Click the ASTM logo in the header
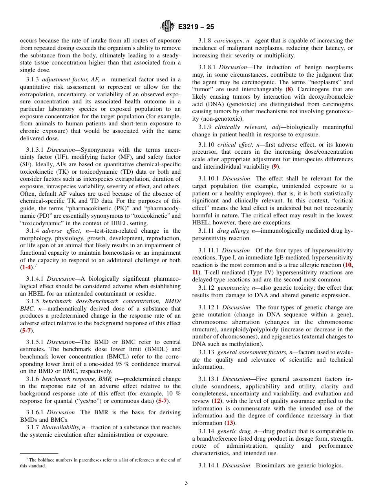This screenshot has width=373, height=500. [x=168, y=27]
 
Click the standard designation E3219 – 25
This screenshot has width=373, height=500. [x=196, y=27]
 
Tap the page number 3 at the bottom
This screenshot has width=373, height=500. [x=186, y=483]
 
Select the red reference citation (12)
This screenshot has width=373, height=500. [x=217, y=401]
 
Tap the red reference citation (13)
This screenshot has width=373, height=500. [x=230, y=423]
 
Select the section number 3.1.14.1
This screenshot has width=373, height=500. [x=208, y=466]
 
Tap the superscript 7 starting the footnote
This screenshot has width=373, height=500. [x=27, y=459]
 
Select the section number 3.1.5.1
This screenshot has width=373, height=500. [x=35, y=342]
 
